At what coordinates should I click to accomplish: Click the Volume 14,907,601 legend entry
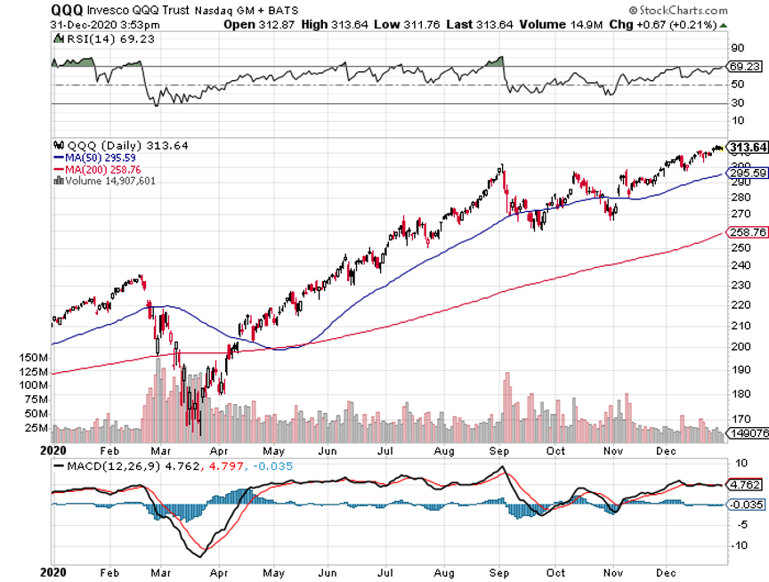(105, 180)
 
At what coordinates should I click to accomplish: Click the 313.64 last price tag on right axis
(747, 148)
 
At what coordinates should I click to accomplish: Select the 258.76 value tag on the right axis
(747, 232)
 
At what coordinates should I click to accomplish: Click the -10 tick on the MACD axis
(738, 546)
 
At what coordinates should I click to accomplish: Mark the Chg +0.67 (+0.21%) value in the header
(680, 24)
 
